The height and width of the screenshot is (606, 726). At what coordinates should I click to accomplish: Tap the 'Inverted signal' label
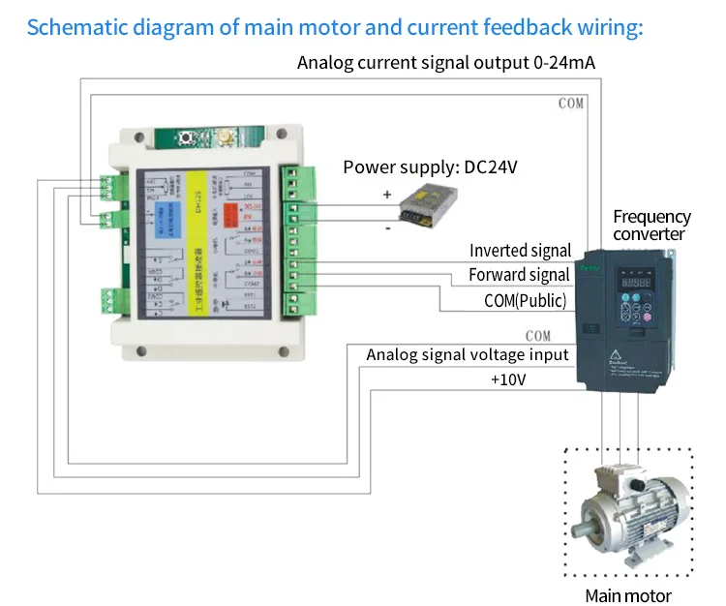coord(521,252)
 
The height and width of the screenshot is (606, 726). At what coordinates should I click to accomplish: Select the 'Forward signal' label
coord(520,275)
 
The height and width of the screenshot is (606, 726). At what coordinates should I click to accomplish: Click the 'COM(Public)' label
coord(526,300)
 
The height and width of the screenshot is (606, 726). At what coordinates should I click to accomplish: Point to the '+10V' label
coord(508,379)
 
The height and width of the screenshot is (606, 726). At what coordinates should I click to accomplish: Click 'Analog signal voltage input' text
coord(468,355)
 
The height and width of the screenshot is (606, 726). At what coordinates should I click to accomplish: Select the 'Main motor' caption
coord(627,595)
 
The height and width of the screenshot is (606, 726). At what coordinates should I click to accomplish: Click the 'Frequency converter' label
coord(651,226)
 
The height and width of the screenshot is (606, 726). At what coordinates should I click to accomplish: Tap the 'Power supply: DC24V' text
coord(431,167)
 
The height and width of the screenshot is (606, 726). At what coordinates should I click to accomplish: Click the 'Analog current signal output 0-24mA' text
coord(446,64)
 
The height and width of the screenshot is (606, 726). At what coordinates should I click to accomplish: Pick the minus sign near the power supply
coord(387,228)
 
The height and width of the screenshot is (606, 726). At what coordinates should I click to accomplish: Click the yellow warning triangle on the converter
coord(614,349)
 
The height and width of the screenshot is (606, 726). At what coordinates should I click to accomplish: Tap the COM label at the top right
coord(571,104)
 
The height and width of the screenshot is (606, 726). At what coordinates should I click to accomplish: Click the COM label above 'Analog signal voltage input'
coord(537,336)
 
